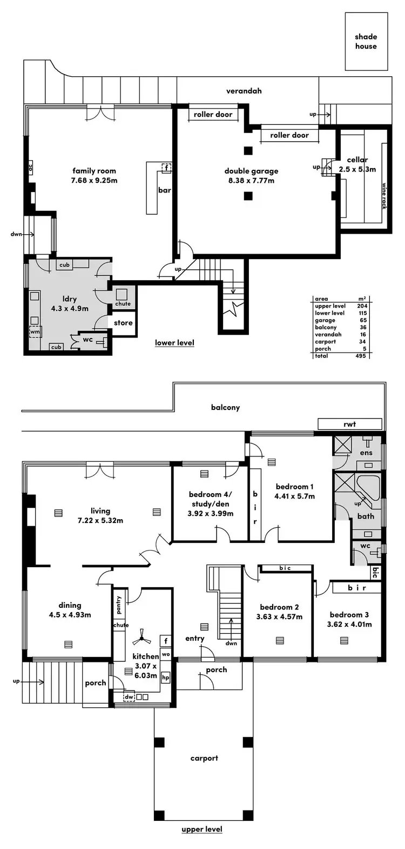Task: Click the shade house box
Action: click(x=366, y=42)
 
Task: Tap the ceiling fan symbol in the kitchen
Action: click(x=143, y=639)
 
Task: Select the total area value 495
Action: click(x=361, y=356)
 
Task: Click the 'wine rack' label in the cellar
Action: click(x=384, y=195)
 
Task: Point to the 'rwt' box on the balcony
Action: click(x=349, y=424)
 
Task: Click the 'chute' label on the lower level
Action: click(x=123, y=304)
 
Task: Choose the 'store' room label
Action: click(x=123, y=323)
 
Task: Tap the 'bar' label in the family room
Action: click(x=164, y=190)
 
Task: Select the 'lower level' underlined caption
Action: click(x=174, y=343)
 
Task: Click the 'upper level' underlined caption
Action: click(x=202, y=829)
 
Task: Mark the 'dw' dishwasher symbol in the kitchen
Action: click(x=129, y=698)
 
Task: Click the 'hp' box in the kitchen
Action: click(x=165, y=677)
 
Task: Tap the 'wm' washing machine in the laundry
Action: click(x=35, y=331)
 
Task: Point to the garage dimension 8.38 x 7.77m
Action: click(x=251, y=181)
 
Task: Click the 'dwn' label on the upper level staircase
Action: click(x=231, y=644)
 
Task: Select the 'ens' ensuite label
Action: click(x=366, y=453)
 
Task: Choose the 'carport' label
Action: click(x=204, y=758)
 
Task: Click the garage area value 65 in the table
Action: click(x=361, y=321)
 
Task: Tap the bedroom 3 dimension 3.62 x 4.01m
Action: click(x=349, y=624)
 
